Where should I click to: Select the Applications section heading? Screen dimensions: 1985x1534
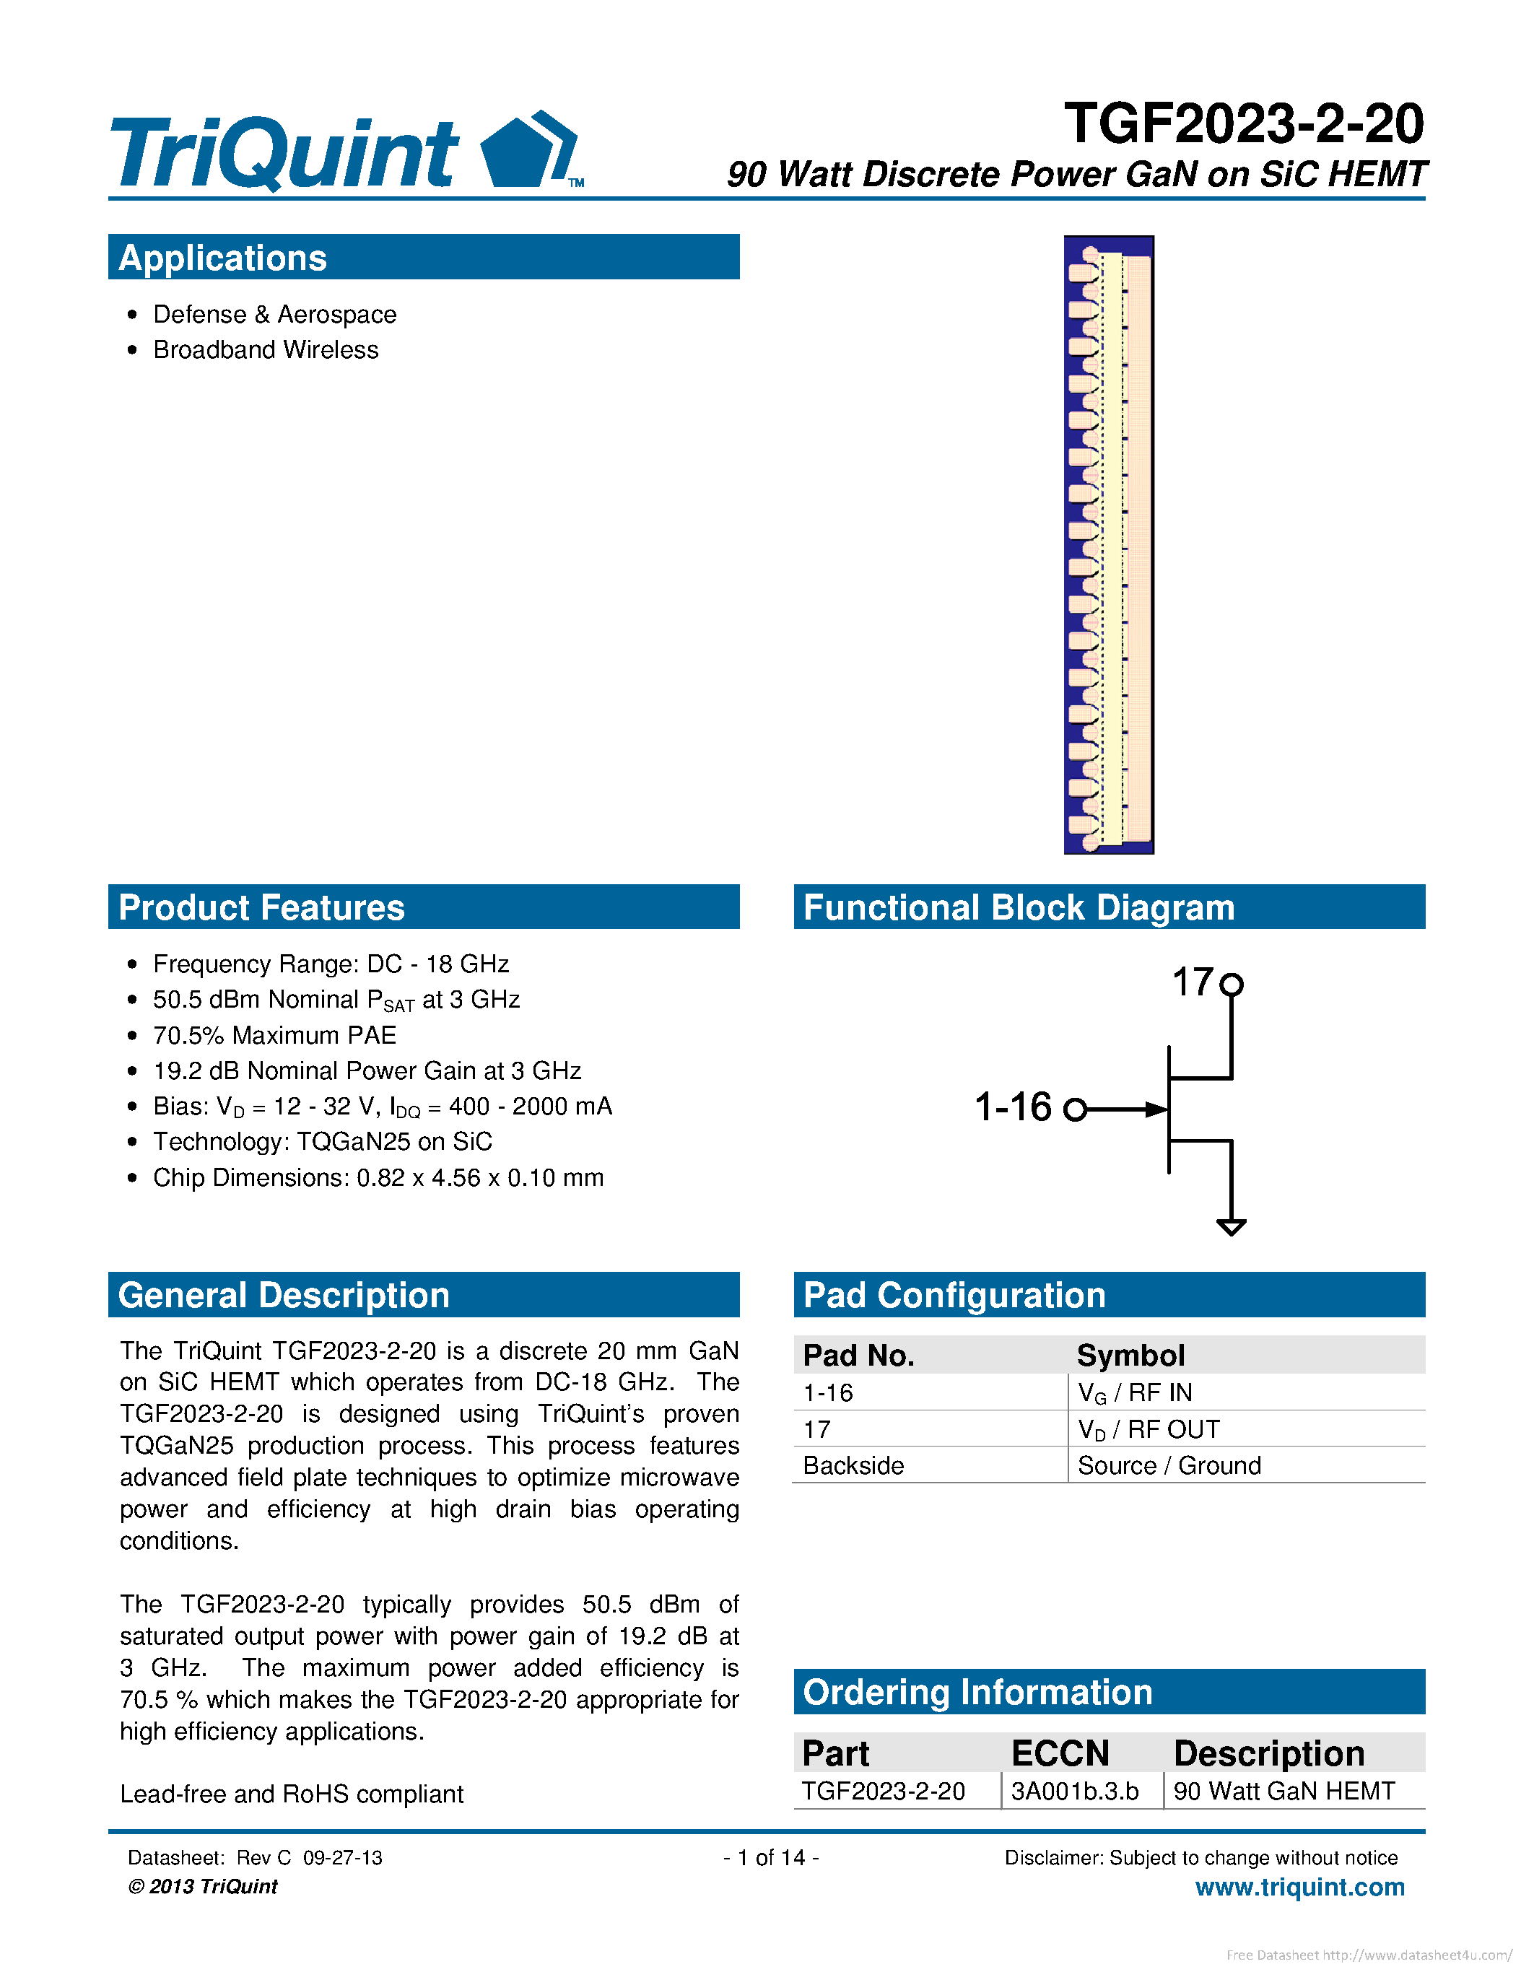(222, 258)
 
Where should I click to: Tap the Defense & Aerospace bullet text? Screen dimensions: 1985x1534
(274, 315)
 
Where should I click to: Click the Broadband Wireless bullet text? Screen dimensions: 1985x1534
(266, 350)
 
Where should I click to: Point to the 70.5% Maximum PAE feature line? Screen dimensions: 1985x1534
(274, 1035)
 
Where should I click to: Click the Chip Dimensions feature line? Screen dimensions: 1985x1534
(378, 1178)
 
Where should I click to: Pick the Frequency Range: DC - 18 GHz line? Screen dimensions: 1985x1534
(331, 964)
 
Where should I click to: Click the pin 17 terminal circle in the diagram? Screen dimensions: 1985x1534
(1231, 985)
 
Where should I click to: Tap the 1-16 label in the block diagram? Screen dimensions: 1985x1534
(1012, 1107)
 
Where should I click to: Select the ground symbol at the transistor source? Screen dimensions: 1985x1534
(1231, 1227)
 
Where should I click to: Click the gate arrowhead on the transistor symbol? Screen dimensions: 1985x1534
(1156, 1109)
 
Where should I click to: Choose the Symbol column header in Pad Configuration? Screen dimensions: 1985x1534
(1130, 1355)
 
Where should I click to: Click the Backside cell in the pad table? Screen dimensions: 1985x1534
(853, 1465)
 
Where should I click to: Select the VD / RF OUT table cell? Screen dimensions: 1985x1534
(1149, 1430)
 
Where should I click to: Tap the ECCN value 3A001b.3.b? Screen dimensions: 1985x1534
(1074, 1791)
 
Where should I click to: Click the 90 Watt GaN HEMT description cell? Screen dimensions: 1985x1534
(1284, 1791)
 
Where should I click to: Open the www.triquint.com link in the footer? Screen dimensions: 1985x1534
(1299, 1887)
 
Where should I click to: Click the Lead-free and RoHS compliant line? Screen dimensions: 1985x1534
(292, 1794)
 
